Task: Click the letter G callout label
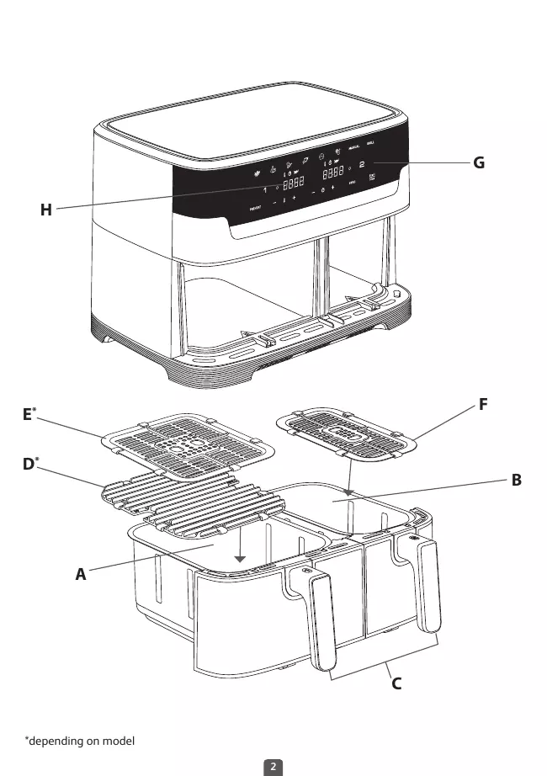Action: click(x=478, y=163)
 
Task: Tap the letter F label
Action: click(x=483, y=405)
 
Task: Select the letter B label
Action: click(x=517, y=481)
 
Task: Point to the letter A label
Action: click(x=81, y=575)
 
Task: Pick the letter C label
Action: click(x=396, y=683)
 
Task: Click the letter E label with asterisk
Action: click(x=29, y=414)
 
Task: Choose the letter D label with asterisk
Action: click(x=29, y=464)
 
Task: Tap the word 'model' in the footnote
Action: click(x=118, y=741)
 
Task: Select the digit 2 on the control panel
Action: click(x=363, y=165)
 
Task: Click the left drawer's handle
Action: click(x=322, y=614)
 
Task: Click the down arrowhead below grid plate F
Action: click(x=348, y=487)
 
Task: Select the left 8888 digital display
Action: click(x=293, y=182)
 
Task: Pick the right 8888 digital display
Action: click(x=334, y=171)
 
